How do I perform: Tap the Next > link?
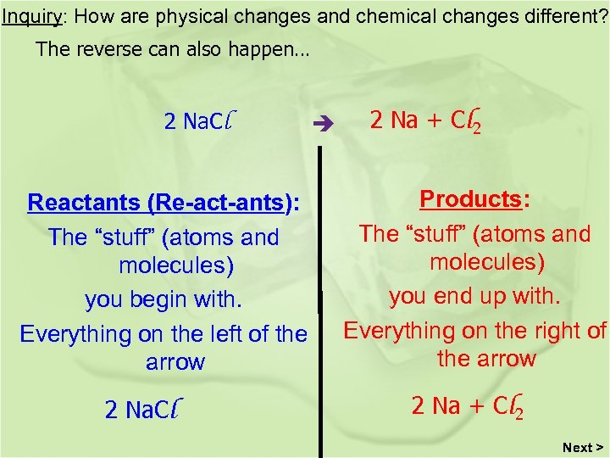tap(583, 447)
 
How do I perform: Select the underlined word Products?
tap(471, 199)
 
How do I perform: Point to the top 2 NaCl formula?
tap(199, 121)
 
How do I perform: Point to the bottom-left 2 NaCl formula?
tap(152, 410)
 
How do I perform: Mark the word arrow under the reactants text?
tap(175, 362)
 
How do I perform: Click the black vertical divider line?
tap(320, 297)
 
